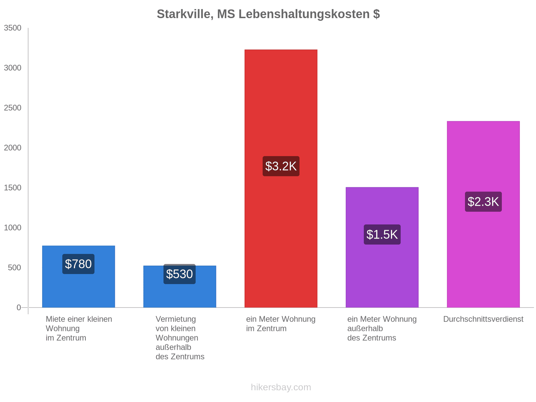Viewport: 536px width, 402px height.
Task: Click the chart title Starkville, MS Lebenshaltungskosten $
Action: (x=268, y=14)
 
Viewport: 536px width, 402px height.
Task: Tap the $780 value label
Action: (x=78, y=264)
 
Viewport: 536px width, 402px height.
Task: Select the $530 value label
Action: (x=180, y=274)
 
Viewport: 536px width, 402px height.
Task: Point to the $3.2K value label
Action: (x=281, y=166)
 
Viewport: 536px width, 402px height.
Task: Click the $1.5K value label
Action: (x=382, y=234)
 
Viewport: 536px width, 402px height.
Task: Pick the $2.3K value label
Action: (x=483, y=202)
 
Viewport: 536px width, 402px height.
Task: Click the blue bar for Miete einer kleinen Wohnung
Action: (x=78, y=288)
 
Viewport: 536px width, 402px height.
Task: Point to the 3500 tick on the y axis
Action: (x=13, y=28)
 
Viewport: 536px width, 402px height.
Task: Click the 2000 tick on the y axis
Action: (x=13, y=148)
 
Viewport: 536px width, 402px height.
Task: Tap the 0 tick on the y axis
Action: (x=19, y=308)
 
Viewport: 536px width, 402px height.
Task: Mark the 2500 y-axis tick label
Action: (x=13, y=108)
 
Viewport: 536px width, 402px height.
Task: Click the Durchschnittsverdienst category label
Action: (x=483, y=319)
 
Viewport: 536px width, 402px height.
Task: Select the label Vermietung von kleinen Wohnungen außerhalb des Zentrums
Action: (x=180, y=338)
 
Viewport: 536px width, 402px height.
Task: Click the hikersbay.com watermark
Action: (x=281, y=387)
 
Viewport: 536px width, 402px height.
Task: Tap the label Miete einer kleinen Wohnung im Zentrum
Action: (x=79, y=328)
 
